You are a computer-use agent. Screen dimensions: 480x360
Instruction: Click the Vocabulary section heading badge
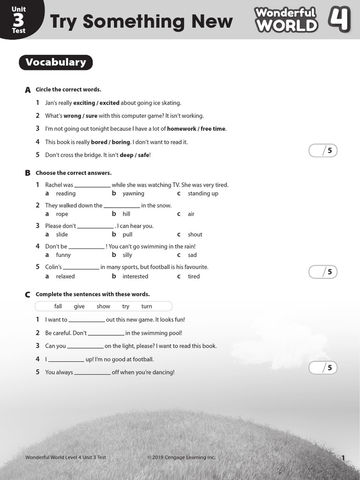(55, 62)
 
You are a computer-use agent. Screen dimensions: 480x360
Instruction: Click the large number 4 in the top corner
(339, 19)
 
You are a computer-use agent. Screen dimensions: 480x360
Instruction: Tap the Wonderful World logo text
(286, 20)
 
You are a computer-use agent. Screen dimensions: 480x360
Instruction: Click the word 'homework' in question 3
(181, 129)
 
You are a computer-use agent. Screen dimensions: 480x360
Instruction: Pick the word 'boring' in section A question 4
(121, 142)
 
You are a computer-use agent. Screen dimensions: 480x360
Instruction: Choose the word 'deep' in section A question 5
(127, 155)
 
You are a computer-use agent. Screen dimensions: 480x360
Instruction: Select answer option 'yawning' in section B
(133, 194)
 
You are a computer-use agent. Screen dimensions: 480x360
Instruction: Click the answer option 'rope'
(62, 214)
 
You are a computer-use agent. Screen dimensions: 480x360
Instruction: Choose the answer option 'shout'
(195, 235)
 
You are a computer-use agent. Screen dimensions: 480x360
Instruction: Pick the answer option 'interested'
(135, 277)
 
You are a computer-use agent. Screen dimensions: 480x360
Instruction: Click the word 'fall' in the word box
(58, 307)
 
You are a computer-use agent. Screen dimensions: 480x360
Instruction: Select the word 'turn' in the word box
(147, 307)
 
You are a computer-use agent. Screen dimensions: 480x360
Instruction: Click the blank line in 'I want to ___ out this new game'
(87, 321)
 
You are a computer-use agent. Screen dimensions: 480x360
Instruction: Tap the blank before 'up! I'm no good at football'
(66, 360)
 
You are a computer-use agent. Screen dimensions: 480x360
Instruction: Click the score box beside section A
(323, 150)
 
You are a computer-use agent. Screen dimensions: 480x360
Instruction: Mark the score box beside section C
(323, 367)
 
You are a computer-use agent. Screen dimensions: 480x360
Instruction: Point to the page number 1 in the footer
(343, 458)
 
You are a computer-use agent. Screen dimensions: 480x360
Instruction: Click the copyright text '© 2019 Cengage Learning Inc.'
(181, 457)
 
